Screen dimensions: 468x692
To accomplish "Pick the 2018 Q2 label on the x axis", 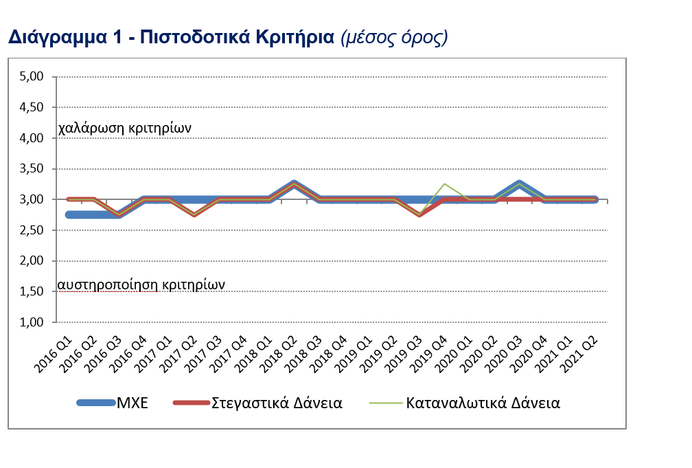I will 282,350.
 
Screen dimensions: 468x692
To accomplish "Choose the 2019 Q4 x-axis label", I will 432,350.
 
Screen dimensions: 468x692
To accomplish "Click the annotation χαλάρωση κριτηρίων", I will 124,128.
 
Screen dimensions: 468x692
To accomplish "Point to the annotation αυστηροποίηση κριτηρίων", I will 141,283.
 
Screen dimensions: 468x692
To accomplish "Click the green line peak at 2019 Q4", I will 445,184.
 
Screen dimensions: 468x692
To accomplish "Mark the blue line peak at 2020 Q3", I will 520,183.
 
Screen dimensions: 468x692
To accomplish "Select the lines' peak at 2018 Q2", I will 295,183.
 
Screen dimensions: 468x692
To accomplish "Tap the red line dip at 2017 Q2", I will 195,214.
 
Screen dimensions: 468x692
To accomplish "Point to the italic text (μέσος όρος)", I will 394,37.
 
